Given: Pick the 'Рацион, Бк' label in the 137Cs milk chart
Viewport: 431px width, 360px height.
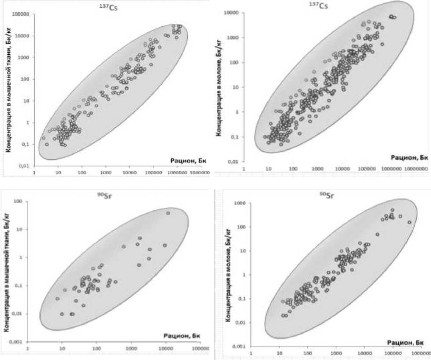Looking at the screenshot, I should click(x=409, y=157).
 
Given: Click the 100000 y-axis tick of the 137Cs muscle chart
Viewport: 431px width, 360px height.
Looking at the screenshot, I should click(x=21, y=14).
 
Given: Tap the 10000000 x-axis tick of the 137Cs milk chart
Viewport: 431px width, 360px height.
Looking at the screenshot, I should click(x=416, y=169).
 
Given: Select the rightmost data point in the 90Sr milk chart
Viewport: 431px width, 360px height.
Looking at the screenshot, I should click(x=409, y=222).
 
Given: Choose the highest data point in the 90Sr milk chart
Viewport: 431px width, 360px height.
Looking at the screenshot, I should click(x=392, y=210).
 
